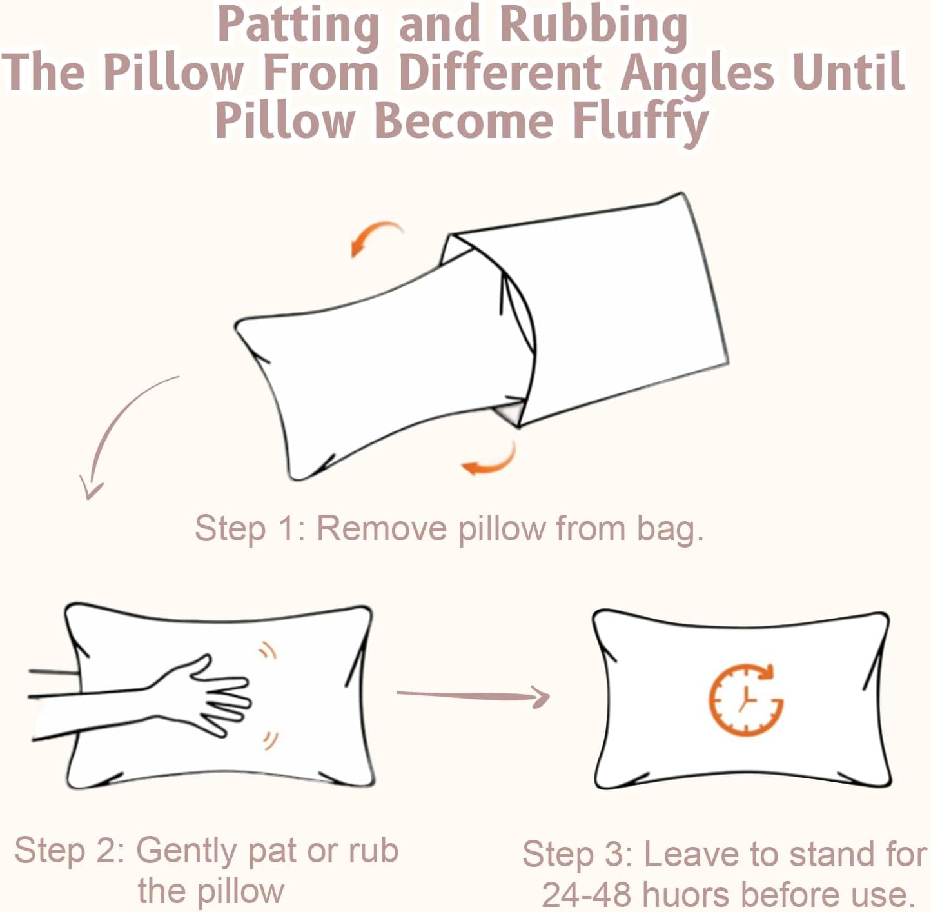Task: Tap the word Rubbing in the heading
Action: [x=593, y=26]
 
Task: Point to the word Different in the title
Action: [x=500, y=72]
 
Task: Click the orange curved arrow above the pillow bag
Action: [x=375, y=238]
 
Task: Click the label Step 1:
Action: [x=250, y=528]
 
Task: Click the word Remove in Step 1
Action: [x=382, y=528]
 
